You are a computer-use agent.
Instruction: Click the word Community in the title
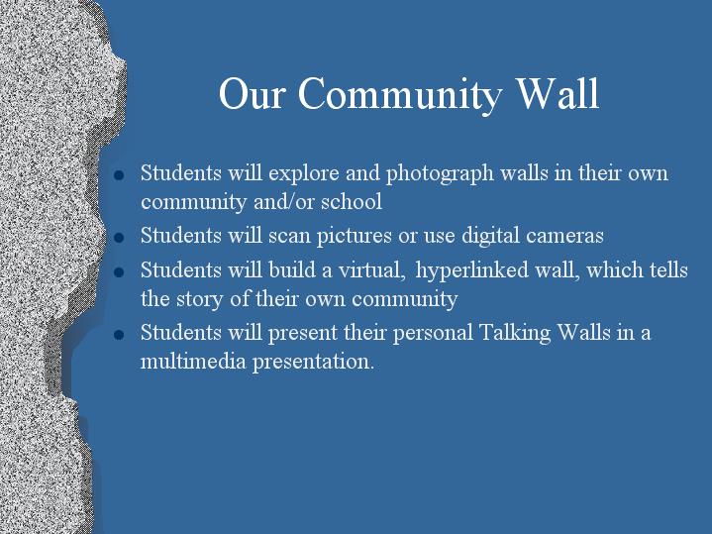tap(400, 94)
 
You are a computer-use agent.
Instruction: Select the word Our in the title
tap(252, 93)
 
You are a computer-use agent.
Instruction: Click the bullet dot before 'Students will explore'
tap(119, 175)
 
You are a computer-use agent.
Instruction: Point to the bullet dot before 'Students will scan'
tap(119, 237)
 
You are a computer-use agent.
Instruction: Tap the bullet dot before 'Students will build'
tap(119, 272)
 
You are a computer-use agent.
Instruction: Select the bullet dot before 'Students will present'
tap(119, 335)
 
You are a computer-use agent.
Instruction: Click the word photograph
tap(440, 174)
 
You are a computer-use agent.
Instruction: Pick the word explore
tap(303, 174)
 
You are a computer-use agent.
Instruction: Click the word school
tap(352, 201)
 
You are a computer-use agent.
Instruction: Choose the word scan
tap(289, 236)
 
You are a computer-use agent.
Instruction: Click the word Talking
tap(515, 334)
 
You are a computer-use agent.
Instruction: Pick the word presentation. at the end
tap(313, 363)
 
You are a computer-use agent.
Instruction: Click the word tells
tap(668, 270)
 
